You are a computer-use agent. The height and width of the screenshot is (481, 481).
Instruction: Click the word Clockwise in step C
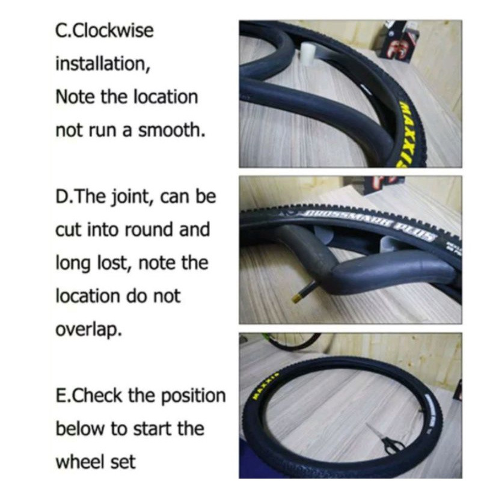113,31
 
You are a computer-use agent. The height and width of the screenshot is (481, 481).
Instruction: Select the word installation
103,64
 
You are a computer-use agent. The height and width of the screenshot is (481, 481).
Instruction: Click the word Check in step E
97,396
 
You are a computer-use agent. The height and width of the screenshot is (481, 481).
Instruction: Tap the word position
193,396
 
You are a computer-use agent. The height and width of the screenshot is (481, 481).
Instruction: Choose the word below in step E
81,428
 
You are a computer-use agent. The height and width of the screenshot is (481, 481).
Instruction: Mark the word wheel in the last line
81,461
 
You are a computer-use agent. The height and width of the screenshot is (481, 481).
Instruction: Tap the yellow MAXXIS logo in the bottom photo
265,386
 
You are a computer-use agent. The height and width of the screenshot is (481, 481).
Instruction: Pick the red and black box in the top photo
399,40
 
